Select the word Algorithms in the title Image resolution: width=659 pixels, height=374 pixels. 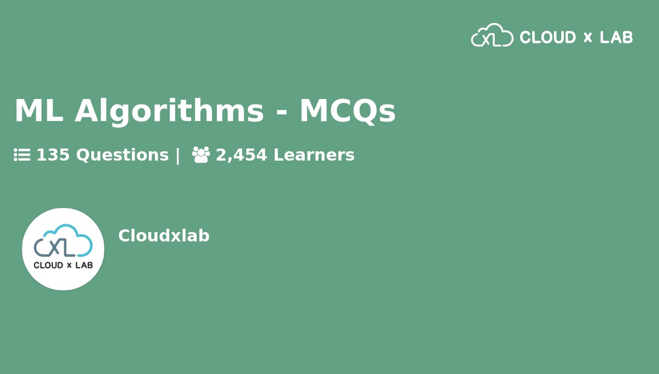169,111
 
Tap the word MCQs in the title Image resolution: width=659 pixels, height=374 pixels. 347,111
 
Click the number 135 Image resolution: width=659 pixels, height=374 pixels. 53,155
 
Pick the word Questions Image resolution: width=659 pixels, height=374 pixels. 122,155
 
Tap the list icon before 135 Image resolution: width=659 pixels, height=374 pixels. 22,155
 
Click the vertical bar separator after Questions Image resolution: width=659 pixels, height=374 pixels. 177,155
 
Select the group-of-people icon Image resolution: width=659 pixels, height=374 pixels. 201,155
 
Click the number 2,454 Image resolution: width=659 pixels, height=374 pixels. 241,155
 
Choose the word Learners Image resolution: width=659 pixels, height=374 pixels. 314,155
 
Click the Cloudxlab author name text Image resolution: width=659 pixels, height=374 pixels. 164,236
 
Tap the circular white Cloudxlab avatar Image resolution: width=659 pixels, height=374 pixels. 63,249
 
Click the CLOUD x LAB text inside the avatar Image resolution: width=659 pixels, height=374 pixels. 63,265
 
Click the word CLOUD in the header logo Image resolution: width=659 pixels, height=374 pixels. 548,37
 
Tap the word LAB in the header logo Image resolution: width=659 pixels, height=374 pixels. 616,37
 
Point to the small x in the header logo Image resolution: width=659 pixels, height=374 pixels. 588,38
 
